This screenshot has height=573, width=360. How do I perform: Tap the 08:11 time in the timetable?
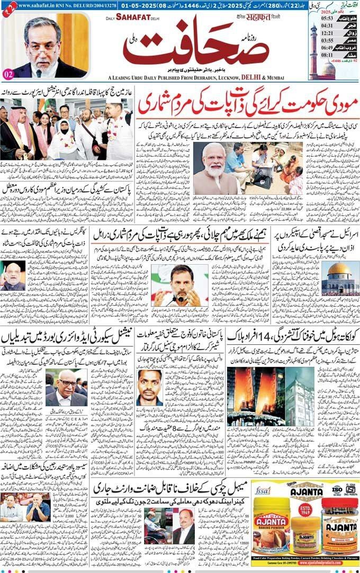click(327, 69)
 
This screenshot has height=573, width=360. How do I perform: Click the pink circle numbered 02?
click(8, 74)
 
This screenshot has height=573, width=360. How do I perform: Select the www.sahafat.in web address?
click(38, 4)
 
